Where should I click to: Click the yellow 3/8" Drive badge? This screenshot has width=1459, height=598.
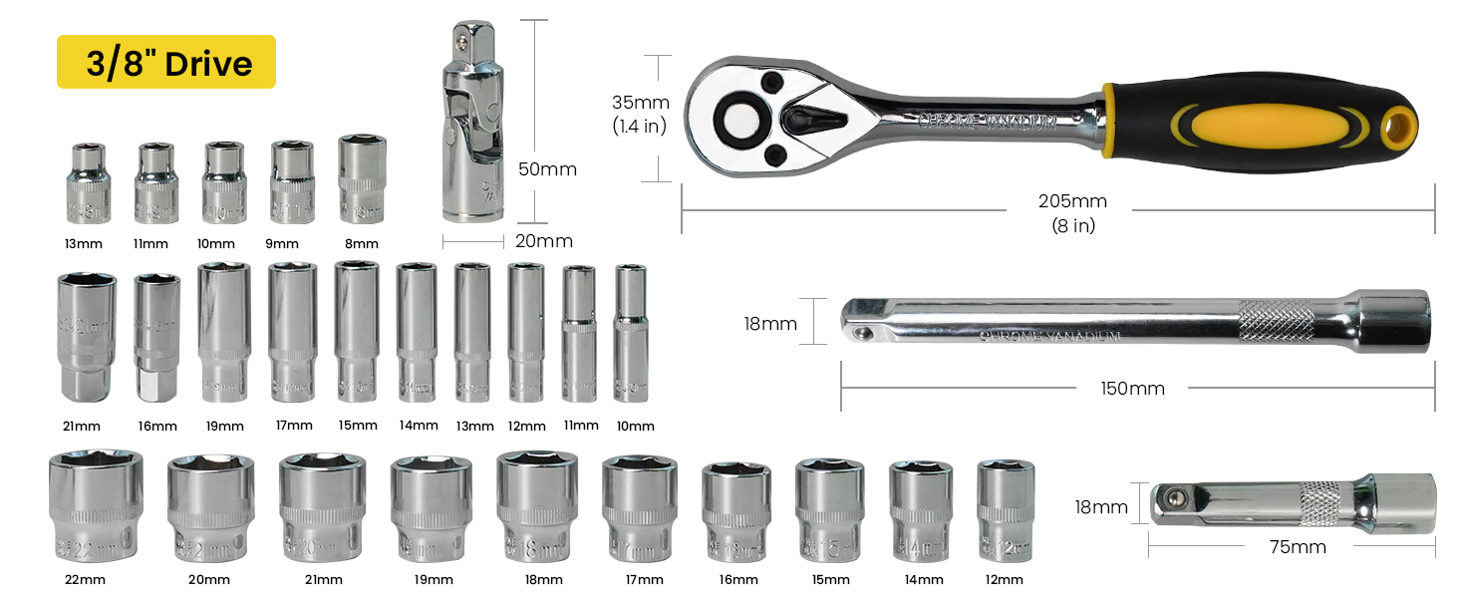click(x=165, y=63)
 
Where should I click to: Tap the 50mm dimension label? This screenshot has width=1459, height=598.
click(x=547, y=168)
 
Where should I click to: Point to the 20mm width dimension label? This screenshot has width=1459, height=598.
click(x=544, y=240)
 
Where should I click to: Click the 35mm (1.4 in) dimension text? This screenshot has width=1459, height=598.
click(x=639, y=113)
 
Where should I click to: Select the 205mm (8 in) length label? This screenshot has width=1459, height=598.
click(x=1072, y=212)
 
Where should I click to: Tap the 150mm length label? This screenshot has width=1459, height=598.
click(x=1132, y=388)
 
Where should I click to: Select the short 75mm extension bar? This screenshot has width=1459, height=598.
click(x=1292, y=502)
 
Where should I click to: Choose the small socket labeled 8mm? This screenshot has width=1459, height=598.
click(x=362, y=179)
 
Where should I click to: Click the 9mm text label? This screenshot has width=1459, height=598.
click(x=282, y=243)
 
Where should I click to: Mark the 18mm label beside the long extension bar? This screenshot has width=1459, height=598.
click(x=769, y=324)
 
